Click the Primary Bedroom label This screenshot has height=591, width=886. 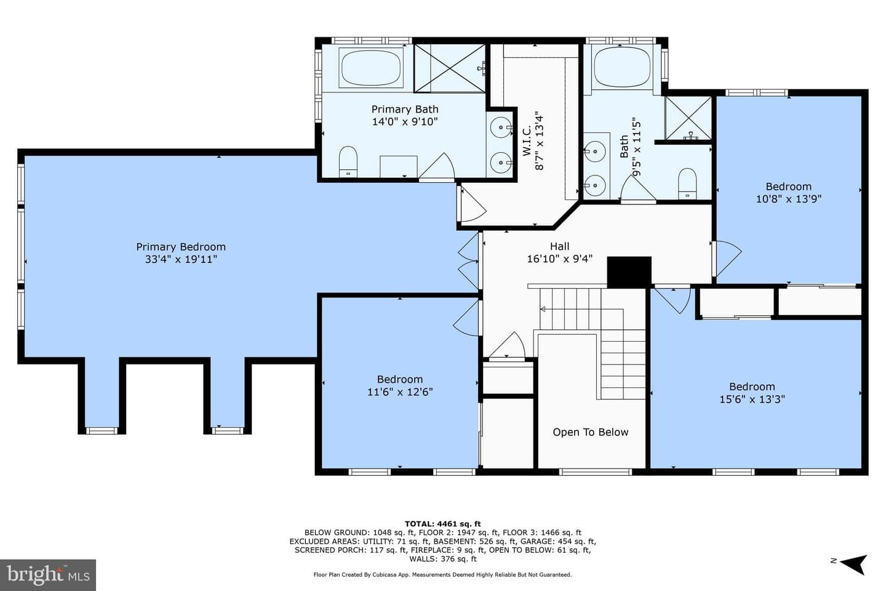(x=181, y=247)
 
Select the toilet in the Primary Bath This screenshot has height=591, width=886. (x=348, y=162)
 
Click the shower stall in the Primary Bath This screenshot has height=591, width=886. (x=450, y=68)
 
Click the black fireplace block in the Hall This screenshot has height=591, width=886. (x=629, y=272)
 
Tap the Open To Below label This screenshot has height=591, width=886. (x=590, y=432)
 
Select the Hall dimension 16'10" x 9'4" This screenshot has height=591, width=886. (x=560, y=259)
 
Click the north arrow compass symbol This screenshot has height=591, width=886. (x=853, y=564)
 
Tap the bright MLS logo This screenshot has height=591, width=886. (x=48, y=575)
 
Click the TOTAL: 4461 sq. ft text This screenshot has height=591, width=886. (x=442, y=524)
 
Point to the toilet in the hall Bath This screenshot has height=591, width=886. (x=687, y=183)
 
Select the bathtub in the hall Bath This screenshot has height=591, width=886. (x=622, y=67)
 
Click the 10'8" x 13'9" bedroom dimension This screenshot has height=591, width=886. (x=789, y=199)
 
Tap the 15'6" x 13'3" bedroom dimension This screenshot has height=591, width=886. (x=752, y=399)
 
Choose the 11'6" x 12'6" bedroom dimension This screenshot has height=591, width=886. (x=400, y=392)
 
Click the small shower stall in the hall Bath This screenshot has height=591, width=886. (x=688, y=118)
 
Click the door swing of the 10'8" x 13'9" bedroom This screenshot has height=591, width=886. (x=727, y=258)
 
